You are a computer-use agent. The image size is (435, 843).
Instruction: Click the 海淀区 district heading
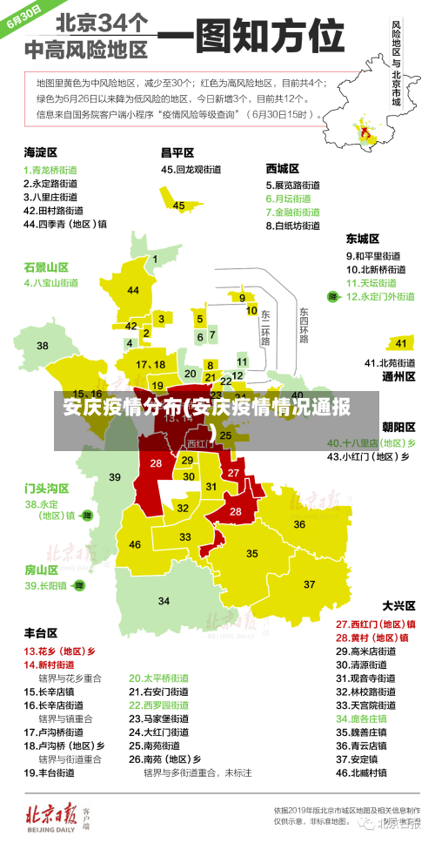(x=40, y=152)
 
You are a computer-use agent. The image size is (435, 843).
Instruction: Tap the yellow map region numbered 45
(x=179, y=206)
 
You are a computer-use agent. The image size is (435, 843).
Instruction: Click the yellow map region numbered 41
(x=400, y=343)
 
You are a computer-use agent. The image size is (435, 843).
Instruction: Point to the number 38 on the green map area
(x=43, y=346)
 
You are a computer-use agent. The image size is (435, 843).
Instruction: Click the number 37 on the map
(x=309, y=583)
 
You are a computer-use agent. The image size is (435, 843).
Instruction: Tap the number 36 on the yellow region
(x=298, y=524)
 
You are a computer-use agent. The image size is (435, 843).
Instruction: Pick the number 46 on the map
(x=135, y=544)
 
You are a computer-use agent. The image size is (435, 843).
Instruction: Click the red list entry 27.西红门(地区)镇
(x=375, y=624)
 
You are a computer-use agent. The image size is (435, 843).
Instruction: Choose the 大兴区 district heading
(x=398, y=604)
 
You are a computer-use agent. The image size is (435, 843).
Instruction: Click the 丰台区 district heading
(x=40, y=632)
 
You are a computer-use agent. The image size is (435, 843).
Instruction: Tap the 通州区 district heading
(x=398, y=376)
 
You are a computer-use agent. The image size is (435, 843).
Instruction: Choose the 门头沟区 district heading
(x=46, y=488)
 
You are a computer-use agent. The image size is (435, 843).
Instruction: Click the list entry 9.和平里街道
(x=374, y=256)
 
